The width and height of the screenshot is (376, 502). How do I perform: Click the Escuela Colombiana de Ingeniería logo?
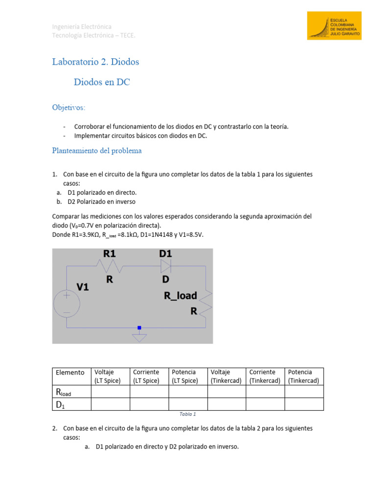point(334,26)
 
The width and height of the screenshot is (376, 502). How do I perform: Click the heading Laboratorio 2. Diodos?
point(95,62)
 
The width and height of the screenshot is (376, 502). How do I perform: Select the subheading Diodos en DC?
point(102,82)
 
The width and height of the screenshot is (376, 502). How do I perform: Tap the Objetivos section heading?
point(69,107)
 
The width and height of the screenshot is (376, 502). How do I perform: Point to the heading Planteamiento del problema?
point(97,151)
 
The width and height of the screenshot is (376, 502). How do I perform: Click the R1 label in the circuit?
point(109,253)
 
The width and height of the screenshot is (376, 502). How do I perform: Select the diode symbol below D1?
point(165,266)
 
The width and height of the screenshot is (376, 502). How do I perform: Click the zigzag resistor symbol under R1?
point(110,266)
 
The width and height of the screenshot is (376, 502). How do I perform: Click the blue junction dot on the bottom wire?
point(140,327)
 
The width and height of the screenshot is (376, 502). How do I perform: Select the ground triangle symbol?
point(140,337)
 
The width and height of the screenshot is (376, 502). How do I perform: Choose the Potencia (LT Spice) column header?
point(188,376)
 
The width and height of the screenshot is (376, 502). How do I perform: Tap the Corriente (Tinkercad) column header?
point(265,376)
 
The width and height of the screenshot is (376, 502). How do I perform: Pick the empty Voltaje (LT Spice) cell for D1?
point(110,404)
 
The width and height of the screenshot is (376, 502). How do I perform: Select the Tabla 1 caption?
point(188,414)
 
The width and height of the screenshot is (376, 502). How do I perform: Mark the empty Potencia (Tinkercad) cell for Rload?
point(304,391)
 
